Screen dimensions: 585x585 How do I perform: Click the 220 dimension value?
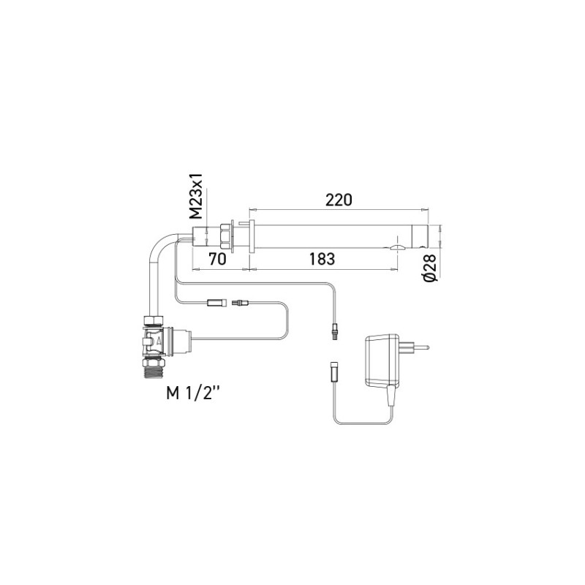point(338,199)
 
